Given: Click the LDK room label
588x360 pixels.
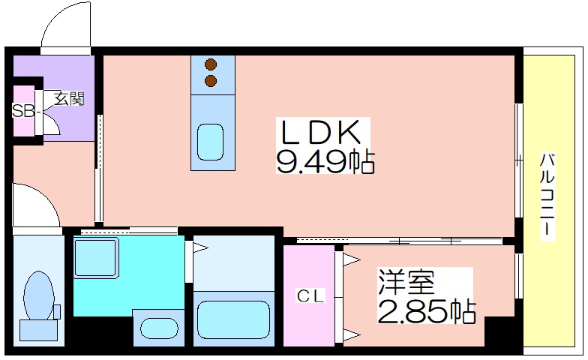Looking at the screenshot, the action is (x=321, y=132).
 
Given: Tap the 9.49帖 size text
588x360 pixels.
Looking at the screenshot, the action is (x=325, y=161).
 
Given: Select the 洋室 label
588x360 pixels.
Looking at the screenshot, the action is (x=406, y=282).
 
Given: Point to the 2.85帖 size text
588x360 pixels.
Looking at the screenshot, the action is (x=427, y=310).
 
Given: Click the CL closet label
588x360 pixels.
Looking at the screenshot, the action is (x=310, y=297).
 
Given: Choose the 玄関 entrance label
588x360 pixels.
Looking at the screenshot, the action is (x=69, y=98).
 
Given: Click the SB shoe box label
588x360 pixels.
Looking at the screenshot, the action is (x=23, y=111).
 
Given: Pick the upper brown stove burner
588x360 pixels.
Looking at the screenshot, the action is (x=211, y=64).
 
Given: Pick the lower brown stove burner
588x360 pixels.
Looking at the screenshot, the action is (x=211, y=81).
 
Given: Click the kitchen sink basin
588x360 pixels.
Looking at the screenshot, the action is (x=211, y=142).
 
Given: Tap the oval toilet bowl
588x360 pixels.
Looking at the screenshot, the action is (x=37, y=296).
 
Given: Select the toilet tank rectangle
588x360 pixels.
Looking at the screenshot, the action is (x=39, y=330).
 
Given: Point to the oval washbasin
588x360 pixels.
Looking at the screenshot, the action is (x=159, y=328).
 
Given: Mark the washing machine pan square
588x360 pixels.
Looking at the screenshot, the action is (x=96, y=258).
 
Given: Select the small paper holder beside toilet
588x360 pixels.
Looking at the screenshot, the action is (x=57, y=311).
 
